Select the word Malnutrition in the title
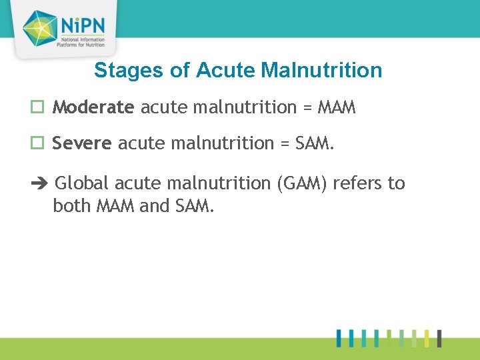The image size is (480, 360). [x=322, y=70]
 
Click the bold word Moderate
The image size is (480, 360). [x=93, y=107]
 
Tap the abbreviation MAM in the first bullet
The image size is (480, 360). [x=337, y=107]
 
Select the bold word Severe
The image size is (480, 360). [x=82, y=143]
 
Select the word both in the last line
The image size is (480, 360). [x=72, y=206]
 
